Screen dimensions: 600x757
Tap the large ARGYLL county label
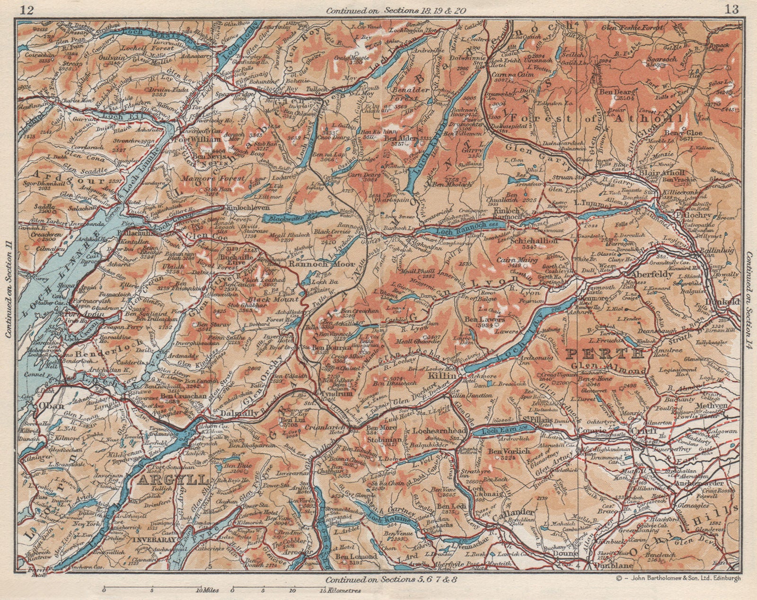click(174, 480)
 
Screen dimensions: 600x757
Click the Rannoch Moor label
click(313, 265)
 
